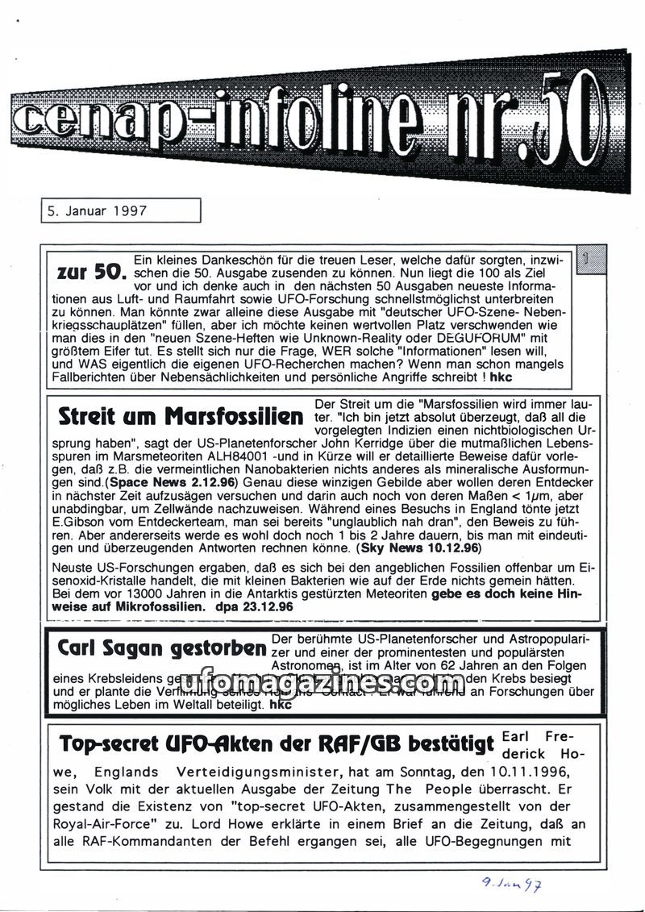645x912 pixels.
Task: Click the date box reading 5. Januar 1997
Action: click(x=119, y=211)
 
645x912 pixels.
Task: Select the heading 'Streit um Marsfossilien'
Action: click(x=181, y=417)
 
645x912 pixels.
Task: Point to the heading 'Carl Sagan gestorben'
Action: click(x=162, y=648)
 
